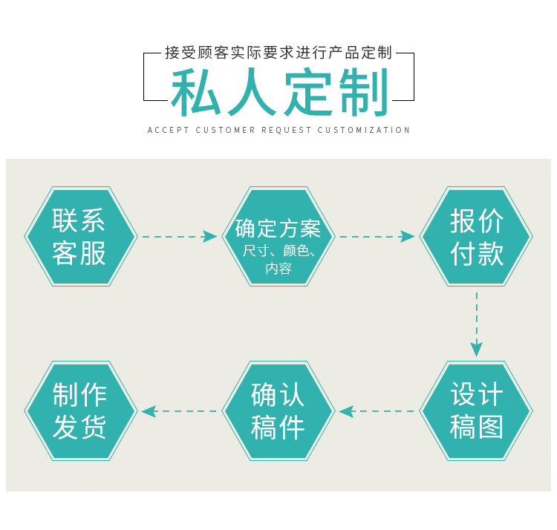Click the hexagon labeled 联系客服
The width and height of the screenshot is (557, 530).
pyautogui.click(x=81, y=236)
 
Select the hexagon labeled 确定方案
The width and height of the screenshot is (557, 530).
pyautogui.click(x=278, y=236)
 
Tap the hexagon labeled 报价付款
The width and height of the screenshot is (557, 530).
pyautogui.click(x=476, y=236)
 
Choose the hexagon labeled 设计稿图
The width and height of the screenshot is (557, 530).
pyautogui.click(x=476, y=410)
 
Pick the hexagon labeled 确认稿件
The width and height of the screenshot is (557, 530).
pyautogui.click(x=278, y=410)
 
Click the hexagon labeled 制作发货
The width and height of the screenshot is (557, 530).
pyautogui.click(x=81, y=410)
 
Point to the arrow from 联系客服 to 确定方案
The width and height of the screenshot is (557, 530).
pyautogui.click(x=180, y=236)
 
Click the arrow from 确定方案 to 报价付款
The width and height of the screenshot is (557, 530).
pyautogui.click(x=377, y=236)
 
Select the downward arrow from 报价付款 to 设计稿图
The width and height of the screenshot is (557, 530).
pyautogui.click(x=476, y=324)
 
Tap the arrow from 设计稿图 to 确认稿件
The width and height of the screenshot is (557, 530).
pyautogui.click(x=377, y=411)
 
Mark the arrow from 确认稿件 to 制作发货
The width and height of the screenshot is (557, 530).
pyautogui.click(x=179, y=411)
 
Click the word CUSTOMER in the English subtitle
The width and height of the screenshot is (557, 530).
pyautogui.click(x=225, y=130)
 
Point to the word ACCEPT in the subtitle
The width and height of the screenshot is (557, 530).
pyautogui.click(x=168, y=130)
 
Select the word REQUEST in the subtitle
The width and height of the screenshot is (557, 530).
pyautogui.click(x=287, y=130)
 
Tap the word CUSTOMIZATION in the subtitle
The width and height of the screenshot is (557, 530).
pyautogui.click(x=364, y=130)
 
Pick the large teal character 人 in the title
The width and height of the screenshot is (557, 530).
pyautogui.click(x=252, y=92)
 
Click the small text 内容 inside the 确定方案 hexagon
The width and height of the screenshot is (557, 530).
pyautogui.click(x=278, y=269)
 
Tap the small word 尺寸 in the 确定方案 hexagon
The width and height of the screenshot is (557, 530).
pyautogui.click(x=256, y=251)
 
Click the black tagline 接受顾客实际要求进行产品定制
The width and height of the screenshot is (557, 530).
pyautogui.click(x=278, y=53)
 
